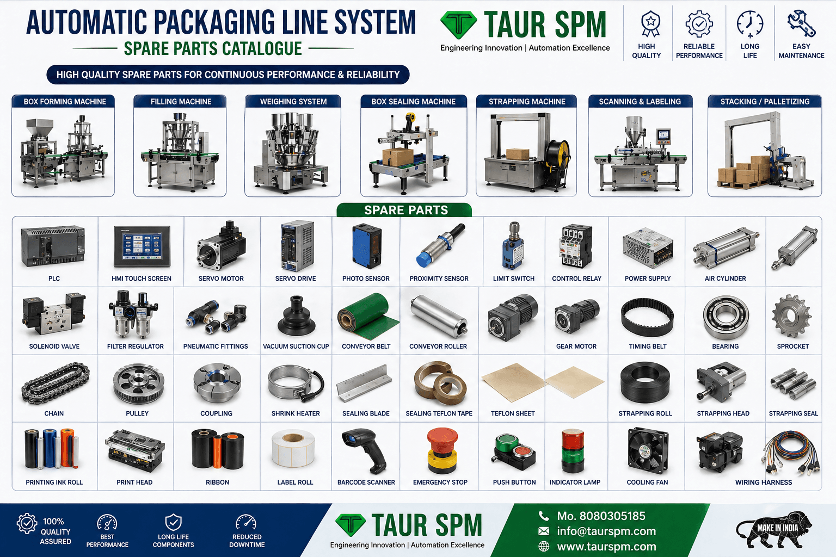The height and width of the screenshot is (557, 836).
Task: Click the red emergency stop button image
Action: click(x=442, y=451)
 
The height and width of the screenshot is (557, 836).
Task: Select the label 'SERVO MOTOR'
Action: click(x=221, y=278)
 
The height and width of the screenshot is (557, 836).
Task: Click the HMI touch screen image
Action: click(x=142, y=246)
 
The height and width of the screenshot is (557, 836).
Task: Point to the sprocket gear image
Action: click(x=791, y=315)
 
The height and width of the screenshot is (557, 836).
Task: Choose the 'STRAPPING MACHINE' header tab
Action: click(x=527, y=102)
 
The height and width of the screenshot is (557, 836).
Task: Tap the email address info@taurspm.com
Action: click(x=606, y=531)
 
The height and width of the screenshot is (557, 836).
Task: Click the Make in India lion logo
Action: click(x=773, y=529)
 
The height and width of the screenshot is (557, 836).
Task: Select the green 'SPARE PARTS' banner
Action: click(x=404, y=210)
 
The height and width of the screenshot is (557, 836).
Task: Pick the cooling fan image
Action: click(x=648, y=451)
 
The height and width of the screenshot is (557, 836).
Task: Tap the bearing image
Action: click(x=726, y=318)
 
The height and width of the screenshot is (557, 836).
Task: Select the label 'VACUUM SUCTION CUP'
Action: click(x=296, y=346)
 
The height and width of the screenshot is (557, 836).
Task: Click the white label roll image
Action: click(x=293, y=449)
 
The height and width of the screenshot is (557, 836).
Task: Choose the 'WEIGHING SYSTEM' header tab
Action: click(x=293, y=102)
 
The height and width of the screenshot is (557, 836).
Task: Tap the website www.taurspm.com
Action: click(x=606, y=547)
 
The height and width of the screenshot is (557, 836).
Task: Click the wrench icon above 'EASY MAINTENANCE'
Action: click(x=801, y=23)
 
